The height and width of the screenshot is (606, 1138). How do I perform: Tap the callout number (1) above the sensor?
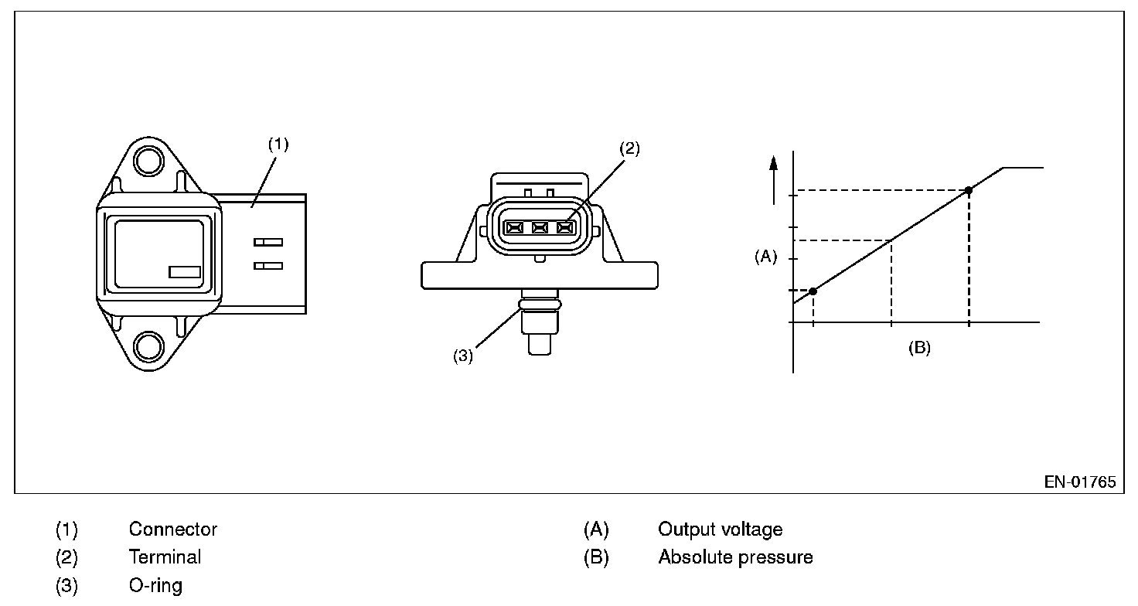[x=278, y=144]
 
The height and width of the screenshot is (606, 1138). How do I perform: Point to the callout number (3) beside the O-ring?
[x=462, y=356]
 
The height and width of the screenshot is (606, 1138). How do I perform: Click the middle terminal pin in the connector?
[x=540, y=227]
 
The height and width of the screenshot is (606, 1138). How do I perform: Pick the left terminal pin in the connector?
[x=514, y=227]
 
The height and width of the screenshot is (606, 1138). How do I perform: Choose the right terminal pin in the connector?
[x=566, y=227]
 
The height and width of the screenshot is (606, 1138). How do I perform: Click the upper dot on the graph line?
[x=969, y=190]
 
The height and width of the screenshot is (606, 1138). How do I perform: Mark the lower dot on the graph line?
[x=813, y=291]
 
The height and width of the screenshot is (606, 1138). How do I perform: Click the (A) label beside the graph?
[x=765, y=257]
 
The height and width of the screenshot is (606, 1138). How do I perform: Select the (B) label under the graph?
[x=919, y=348]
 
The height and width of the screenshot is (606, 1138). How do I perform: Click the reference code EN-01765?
[x=1080, y=482]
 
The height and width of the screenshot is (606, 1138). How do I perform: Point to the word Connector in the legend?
[x=173, y=529]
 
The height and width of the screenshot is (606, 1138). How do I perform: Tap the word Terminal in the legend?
[x=165, y=557]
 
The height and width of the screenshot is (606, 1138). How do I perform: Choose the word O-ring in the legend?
[x=155, y=585]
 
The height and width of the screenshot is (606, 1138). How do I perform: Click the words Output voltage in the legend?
[x=720, y=529]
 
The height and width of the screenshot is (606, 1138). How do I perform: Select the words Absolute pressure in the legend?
[x=735, y=557]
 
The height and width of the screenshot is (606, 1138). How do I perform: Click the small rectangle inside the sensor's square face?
[x=185, y=272]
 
